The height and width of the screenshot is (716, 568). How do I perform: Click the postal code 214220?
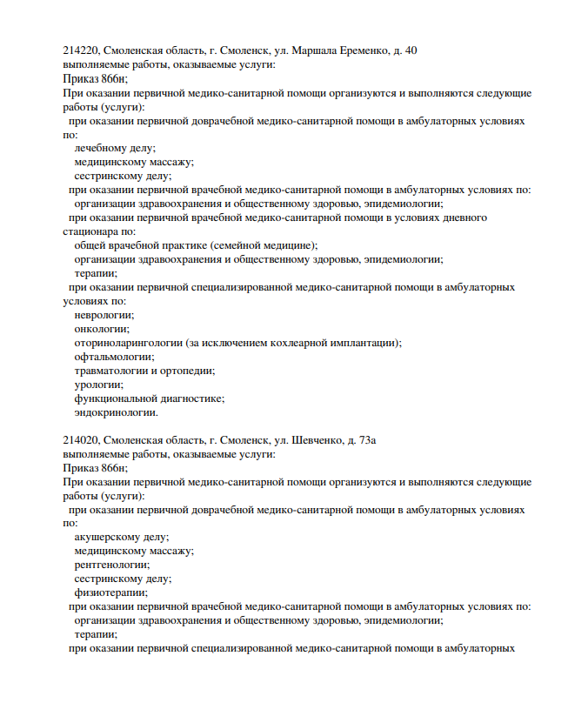pos(81,50)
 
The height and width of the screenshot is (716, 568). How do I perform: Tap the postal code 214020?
pos(81,440)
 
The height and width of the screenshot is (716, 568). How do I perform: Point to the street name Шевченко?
pos(315,440)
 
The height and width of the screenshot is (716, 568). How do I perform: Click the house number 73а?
pos(368,440)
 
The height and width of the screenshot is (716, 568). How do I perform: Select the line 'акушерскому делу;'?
pos(121,538)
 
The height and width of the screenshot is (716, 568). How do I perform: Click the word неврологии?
pos(104,315)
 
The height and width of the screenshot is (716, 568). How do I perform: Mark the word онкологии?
pos(101,329)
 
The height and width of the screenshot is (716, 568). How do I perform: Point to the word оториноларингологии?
pos(127,343)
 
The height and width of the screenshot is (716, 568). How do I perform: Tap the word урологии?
pos(97,385)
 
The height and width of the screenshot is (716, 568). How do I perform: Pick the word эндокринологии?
pos(115,412)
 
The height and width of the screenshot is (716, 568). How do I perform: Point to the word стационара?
pos(90,231)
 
